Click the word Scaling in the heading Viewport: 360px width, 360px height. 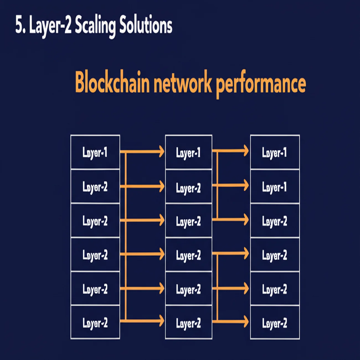[95, 25]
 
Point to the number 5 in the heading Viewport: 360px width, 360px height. [19, 25]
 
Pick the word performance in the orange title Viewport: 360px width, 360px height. [261, 84]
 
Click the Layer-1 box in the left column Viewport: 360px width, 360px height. [95, 152]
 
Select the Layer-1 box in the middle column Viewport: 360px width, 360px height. [189, 153]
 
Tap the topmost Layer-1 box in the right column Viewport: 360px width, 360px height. [275, 153]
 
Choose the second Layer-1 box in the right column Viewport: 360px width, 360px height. [275, 187]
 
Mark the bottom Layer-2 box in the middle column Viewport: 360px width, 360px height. [189, 323]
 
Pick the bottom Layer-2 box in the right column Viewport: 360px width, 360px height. [275, 323]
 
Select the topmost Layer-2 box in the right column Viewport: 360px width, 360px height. [275, 221]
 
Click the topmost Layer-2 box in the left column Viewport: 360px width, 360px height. [95, 187]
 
